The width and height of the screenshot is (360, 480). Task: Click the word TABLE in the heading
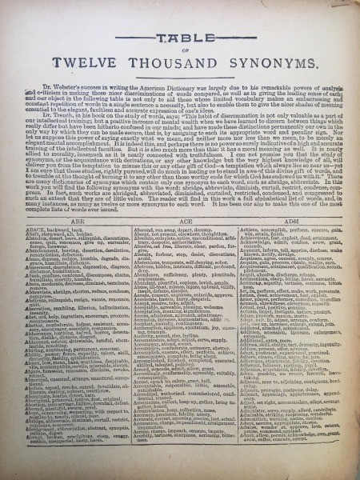pos(180,47)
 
